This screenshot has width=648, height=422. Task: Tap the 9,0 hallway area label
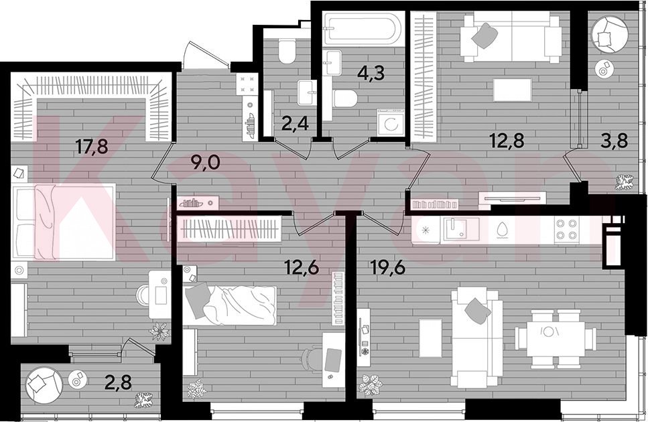pyautogui.click(x=205, y=163)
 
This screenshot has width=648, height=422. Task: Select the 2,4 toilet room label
pyautogui.click(x=295, y=123)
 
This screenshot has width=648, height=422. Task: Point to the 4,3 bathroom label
pyautogui.click(x=371, y=73)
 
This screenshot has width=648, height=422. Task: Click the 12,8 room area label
pyautogui.click(x=507, y=141)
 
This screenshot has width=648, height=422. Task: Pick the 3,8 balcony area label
pyautogui.click(x=614, y=141)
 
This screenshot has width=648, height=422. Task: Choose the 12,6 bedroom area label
pyautogui.click(x=302, y=269)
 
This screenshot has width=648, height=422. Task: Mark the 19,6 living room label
pyautogui.click(x=388, y=269)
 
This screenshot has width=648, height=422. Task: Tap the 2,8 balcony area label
pyautogui.click(x=118, y=382)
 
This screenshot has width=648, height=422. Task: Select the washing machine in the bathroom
pyautogui.click(x=390, y=122)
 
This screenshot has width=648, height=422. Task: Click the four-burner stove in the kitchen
pyautogui.click(x=566, y=229)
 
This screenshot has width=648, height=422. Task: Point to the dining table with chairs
pyautogui.click(x=556, y=339)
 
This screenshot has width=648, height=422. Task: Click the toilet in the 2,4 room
pyautogui.click(x=286, y=51)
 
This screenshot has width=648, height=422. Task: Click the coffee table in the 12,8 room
pyautogui.click(x=513, y=90)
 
